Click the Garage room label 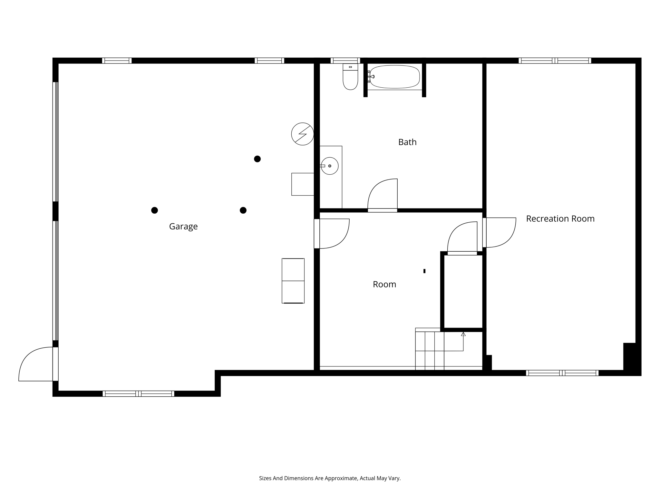coord(183,227)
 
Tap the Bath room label coord(407,142)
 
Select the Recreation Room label coord(560,218)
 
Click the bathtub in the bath coord(394,77)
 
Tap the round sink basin coord(330,166)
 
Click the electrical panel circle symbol coord(303,134)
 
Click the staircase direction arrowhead coord(463,334)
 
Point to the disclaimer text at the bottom coord(330,478)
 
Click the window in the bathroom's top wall coord(345,61)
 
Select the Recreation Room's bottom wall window coord(562,373)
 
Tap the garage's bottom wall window coord(139,393)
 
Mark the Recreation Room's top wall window coord(555,61)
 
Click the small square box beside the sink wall coord(303,184)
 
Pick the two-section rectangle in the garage coord(293,281)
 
